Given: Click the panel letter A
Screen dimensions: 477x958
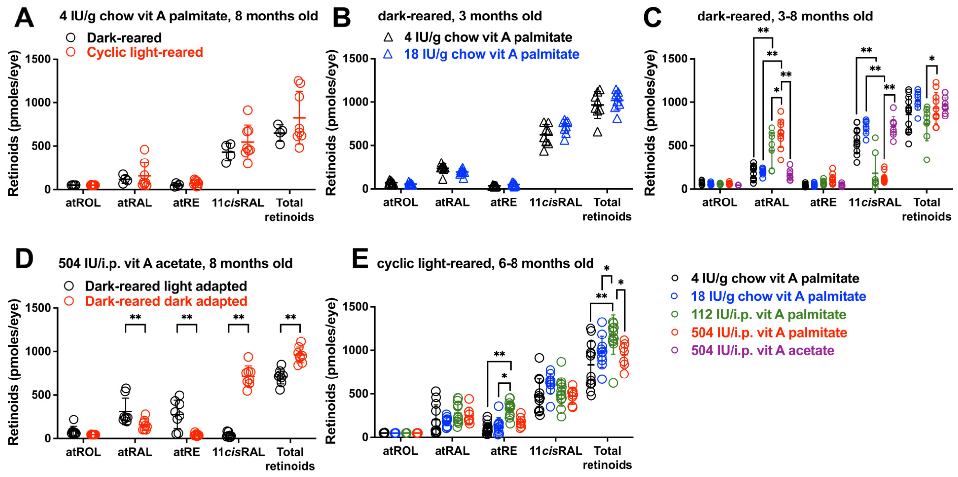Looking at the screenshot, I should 24,18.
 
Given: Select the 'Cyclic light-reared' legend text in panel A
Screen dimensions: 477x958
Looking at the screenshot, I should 145,52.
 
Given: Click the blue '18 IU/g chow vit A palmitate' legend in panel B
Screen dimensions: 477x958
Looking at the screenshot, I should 491,54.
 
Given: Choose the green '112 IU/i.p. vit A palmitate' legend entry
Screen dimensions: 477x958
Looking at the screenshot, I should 768,314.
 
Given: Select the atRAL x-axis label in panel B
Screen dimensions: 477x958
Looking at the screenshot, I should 452,202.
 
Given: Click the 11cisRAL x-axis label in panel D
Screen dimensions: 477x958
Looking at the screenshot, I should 238,452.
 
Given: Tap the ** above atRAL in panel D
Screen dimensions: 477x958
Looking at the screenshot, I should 135,317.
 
